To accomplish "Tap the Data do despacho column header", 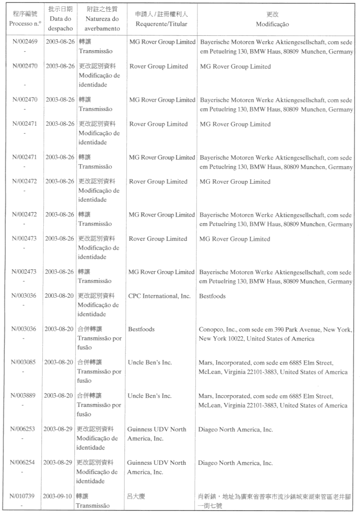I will click(60, 19).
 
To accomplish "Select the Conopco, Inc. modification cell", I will click(275, 334).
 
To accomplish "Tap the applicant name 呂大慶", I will click(138, 496).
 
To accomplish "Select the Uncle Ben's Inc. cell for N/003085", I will click(150, 363).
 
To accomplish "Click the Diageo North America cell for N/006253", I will click(235, 429).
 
